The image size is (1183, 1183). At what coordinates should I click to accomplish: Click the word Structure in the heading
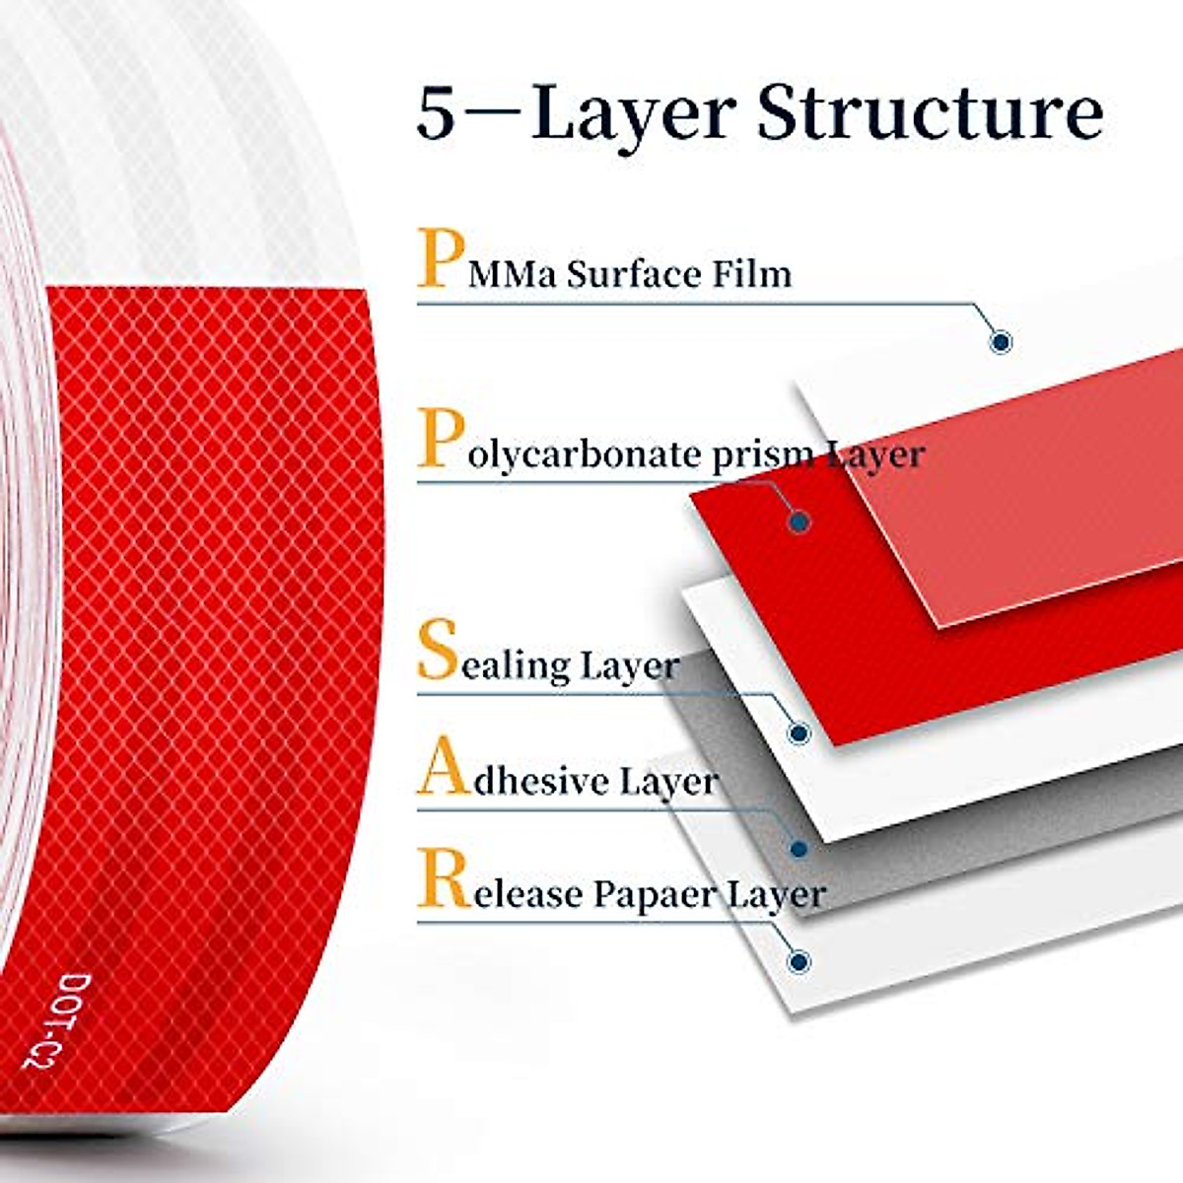pos(929,115)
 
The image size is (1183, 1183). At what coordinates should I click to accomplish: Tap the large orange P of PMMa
pos(438,258)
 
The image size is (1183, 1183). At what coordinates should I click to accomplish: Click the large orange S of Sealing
pos(437,651)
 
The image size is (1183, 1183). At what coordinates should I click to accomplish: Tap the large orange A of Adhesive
pos(441,770)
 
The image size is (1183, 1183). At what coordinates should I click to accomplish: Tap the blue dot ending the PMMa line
pos(1002,342)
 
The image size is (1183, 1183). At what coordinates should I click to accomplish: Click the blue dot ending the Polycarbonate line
pos(800,522)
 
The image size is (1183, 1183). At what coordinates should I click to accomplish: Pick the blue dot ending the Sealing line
pos(800,732)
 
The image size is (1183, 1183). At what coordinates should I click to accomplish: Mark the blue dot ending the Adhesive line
pos(800,848)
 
